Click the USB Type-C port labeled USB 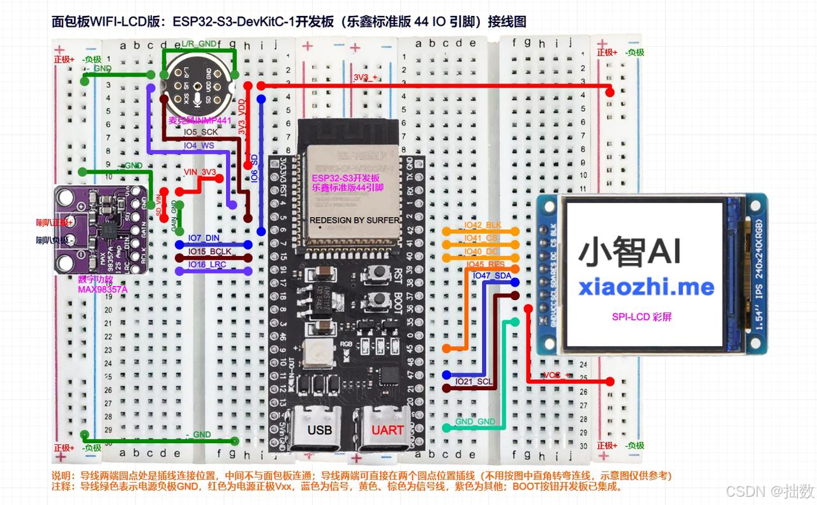[x=319, y=429]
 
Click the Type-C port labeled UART [x=387, y=429]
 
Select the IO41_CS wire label [x=482, y=238]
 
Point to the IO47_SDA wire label [x=491, y=275]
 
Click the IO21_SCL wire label [x=474, y=381]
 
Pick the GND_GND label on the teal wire [x=475, y=422]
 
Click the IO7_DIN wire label [x=204, y=238]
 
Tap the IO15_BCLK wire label [x=209, y=251]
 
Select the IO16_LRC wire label [x=207, y=264]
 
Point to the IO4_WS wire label [x=199, y=146]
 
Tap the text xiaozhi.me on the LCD [x=646, y=287]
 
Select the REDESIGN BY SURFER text [x=355, y=220]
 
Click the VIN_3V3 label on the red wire [x=200, y=172]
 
